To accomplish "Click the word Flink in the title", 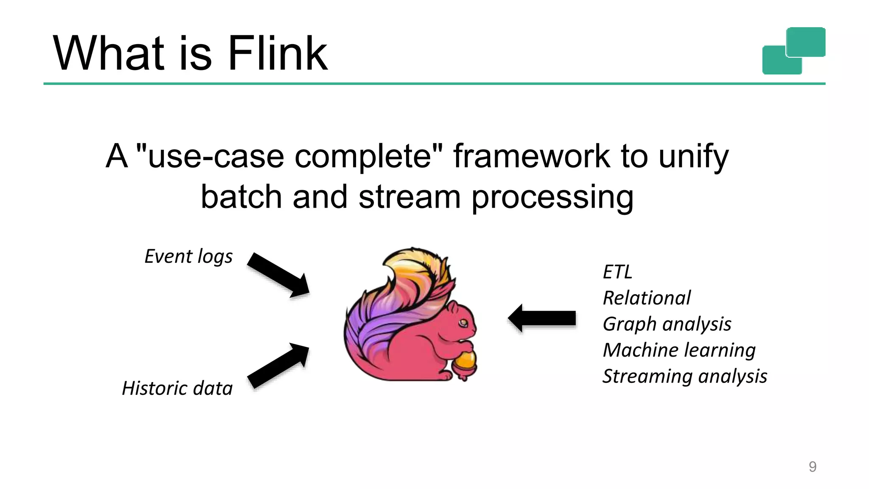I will click(278, 53).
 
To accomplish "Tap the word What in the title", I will click(109, 53).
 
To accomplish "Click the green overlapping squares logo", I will click(793, 51).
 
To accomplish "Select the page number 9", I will click(812, 467).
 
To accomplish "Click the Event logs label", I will click(188, 256).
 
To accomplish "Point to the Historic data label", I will click(177, 388).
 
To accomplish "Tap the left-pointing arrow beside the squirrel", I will click(542, 318).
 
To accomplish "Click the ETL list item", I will click(617, 272).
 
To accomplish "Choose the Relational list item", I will click(647, 298).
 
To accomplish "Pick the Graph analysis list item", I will click(667, 324).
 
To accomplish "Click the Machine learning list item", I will click(679, 350).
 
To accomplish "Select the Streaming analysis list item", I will click(684, 377).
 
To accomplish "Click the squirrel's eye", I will click(463, 324).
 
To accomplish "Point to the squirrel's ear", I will click(452, 306).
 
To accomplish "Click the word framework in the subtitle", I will click(532, 156).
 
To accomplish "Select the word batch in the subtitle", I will click(241, 197).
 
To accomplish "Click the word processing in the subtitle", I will click(552, 198).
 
